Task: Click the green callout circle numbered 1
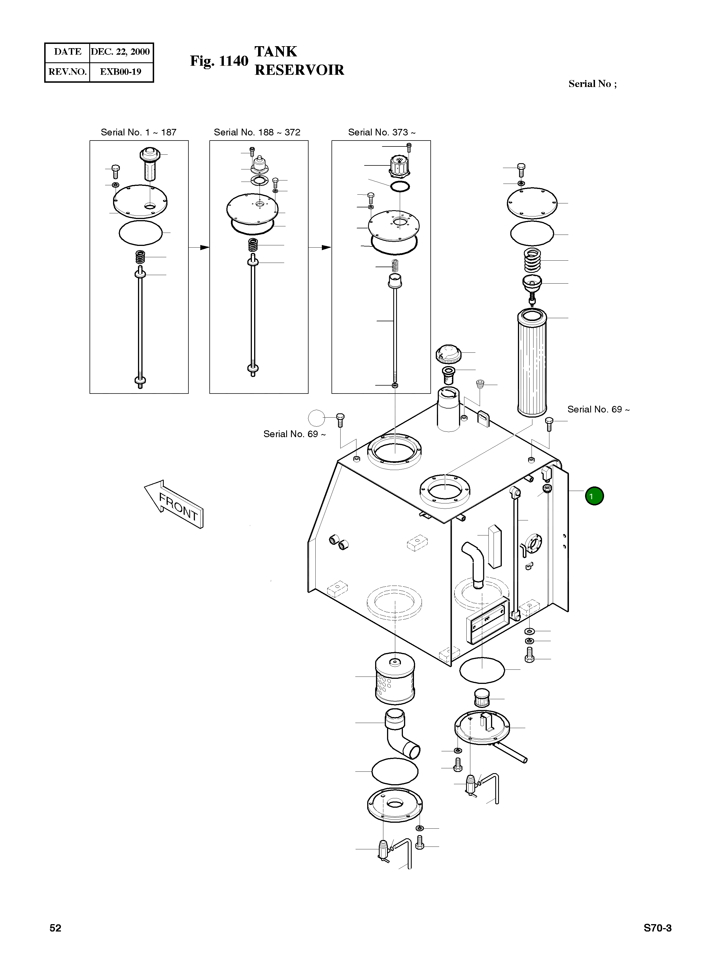[594, 496]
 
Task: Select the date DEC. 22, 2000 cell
[121, 52]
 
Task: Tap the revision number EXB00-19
[121, 72]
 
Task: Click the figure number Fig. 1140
[219, 61]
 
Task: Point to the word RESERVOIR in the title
[299, 70]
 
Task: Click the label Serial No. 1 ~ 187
[138, 132]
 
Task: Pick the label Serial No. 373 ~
[382, 132]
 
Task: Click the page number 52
[55, 928]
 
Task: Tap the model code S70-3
[657, 928]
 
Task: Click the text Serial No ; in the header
[592, 84]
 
